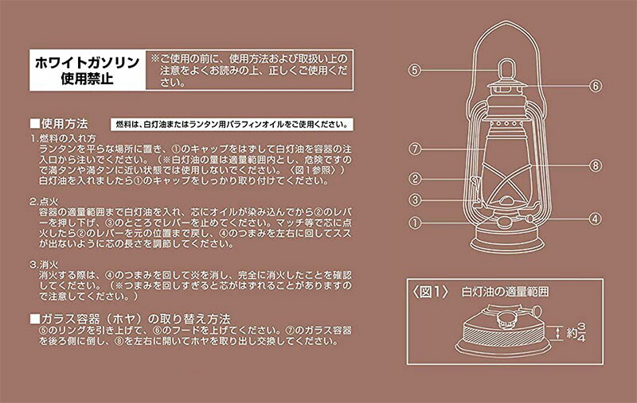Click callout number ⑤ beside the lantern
414,70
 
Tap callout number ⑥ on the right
595,86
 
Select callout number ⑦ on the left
415,149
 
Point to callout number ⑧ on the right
595,165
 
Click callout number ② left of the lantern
415,178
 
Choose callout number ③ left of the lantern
415,200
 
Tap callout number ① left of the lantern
415,223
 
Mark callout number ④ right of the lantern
595,219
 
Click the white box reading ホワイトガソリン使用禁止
88,70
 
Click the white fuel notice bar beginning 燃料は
232,125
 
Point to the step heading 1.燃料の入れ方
63,138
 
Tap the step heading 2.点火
44,201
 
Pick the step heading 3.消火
44,265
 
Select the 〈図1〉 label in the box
430,292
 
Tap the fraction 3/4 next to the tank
582,332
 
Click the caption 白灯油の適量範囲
505,292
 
